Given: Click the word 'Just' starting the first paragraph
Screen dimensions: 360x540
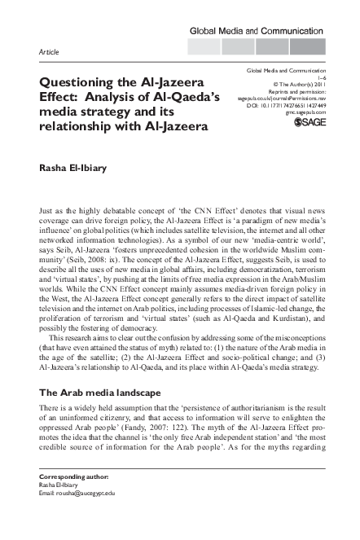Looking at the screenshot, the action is click(46, 211).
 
